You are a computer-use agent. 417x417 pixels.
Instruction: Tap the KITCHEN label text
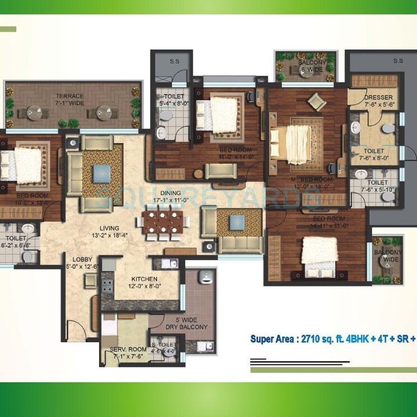point(144,279)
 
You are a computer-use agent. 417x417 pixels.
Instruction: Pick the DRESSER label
point(379,97)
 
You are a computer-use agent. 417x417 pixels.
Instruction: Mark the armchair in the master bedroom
point(317,101)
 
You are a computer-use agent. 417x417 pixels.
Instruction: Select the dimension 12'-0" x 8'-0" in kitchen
point(144,285)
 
